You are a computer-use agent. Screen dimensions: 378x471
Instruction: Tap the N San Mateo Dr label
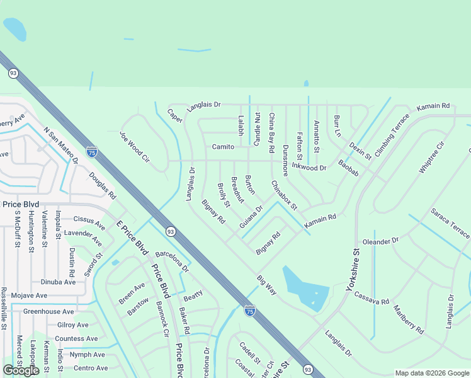[60, 146]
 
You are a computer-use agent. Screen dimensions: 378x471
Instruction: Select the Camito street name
[223, 147]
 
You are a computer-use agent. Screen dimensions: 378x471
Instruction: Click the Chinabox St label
[284, 195]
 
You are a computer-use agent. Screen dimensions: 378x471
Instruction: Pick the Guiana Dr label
[251, 217]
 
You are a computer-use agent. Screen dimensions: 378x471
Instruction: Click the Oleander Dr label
[381, 241]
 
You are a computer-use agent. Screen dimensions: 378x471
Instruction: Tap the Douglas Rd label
[103, 185]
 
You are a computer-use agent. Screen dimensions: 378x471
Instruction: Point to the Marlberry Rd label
[408, 319]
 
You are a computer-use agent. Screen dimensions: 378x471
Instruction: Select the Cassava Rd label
[372, 298]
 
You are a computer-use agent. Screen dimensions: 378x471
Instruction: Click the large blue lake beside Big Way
[305, 287]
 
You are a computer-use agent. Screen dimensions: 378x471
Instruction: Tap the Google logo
[21, 370]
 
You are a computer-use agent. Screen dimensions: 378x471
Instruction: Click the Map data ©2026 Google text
[431, 373]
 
